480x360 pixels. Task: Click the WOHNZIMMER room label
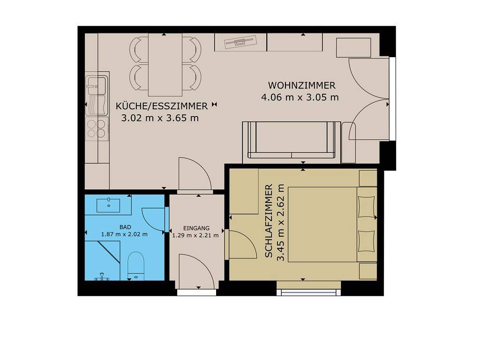coord(301,85)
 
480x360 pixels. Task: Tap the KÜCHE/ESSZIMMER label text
coord(162,106)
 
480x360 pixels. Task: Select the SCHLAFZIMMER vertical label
coord(269,221)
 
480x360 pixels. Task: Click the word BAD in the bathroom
coord(125,227)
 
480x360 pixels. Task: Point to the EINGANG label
coord(196,228)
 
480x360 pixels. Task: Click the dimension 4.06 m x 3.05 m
coord(300,97)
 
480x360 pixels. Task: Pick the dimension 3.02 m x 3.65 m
coord(160,118)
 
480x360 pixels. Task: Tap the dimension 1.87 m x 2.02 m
coord(124,234)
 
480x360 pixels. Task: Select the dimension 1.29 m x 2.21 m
coord(195,235)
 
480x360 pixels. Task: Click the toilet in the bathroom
coord(135,265)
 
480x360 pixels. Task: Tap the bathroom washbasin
coord(108,205)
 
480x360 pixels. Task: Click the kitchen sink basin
coord(97,85)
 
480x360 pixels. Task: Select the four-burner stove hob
coord(97,128)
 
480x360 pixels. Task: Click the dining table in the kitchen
coord(165,65)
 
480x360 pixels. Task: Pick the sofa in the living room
coord(291,140)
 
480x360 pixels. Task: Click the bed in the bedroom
coord(332,225)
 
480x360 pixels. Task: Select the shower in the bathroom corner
coord(102,260)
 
